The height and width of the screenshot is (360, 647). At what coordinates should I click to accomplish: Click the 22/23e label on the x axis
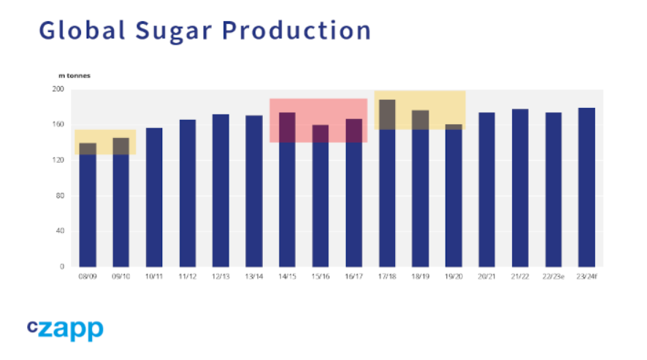[554, 277]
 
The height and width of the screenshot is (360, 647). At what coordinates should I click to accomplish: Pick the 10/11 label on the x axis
[154, 277]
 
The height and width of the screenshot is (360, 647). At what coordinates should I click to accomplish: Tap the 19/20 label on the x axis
[453, 277]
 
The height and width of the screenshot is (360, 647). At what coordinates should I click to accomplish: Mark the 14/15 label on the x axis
[287, 277]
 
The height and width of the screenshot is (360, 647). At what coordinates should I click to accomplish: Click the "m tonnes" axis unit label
[75, 74]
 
